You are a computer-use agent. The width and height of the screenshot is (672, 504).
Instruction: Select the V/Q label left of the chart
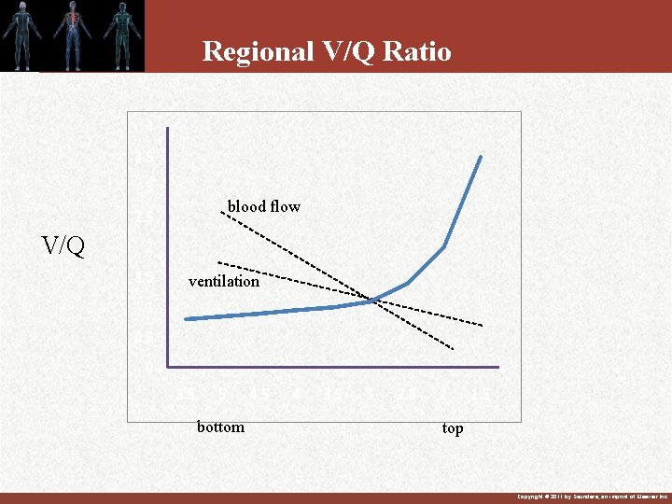(63, 246)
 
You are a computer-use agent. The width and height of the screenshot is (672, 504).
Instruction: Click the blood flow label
(263, 206)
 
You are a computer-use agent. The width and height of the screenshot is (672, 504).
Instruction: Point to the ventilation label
(224, 281)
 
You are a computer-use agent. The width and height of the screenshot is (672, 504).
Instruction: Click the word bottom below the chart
(220, 427)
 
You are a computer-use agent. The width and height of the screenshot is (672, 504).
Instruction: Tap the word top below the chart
(453, 428)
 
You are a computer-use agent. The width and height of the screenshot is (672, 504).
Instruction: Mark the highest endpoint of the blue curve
(481, 156)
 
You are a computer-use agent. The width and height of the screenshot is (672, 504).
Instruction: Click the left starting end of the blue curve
(187, 319)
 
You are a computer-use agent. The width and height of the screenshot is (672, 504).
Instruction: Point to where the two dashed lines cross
(372, 301)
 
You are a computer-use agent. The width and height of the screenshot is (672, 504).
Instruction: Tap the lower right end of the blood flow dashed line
(454, 349)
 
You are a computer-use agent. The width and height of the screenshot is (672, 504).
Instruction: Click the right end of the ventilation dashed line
(483, 325)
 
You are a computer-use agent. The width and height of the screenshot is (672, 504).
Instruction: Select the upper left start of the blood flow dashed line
(221, 213)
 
